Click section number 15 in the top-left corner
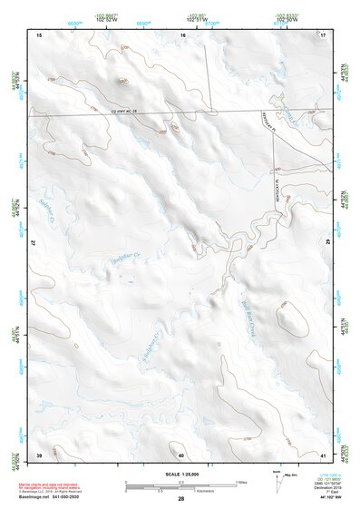[39, 34]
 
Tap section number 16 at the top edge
[181, 34]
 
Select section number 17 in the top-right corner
[323, 34]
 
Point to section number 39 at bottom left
[39, 454]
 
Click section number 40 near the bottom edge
[181, 454]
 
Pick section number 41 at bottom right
[323, 454]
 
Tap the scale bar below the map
[180, 485]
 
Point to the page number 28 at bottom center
[180, 499]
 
